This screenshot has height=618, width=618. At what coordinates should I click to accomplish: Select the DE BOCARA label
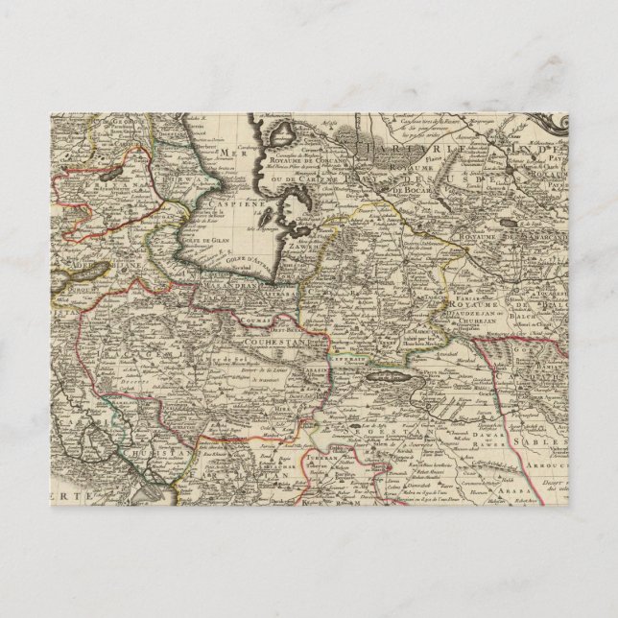tap(407, 191)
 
